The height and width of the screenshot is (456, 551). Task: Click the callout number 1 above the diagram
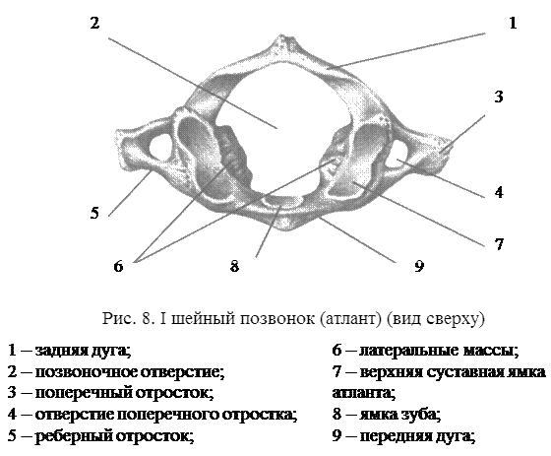513,24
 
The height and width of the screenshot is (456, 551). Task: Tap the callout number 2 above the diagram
94,23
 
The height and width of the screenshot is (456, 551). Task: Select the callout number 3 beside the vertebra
499,97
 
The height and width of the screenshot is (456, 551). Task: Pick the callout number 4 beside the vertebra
499,192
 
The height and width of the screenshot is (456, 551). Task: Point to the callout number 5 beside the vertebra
94,213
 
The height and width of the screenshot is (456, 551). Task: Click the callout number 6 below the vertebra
118,266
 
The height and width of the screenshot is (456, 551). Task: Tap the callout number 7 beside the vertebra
499,244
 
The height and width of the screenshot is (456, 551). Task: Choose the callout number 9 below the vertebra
419,266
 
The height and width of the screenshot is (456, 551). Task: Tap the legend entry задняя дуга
84,351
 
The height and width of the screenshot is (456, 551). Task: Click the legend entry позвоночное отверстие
130,372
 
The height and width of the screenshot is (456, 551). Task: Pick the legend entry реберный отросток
114,436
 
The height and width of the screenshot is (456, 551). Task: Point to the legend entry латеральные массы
439,351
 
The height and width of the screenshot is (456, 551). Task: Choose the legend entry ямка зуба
399,415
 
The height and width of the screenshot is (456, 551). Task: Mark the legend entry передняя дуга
417,436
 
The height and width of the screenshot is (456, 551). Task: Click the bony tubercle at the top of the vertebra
283,43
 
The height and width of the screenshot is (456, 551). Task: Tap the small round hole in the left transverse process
159,149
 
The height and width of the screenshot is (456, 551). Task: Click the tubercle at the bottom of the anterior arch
286,223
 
